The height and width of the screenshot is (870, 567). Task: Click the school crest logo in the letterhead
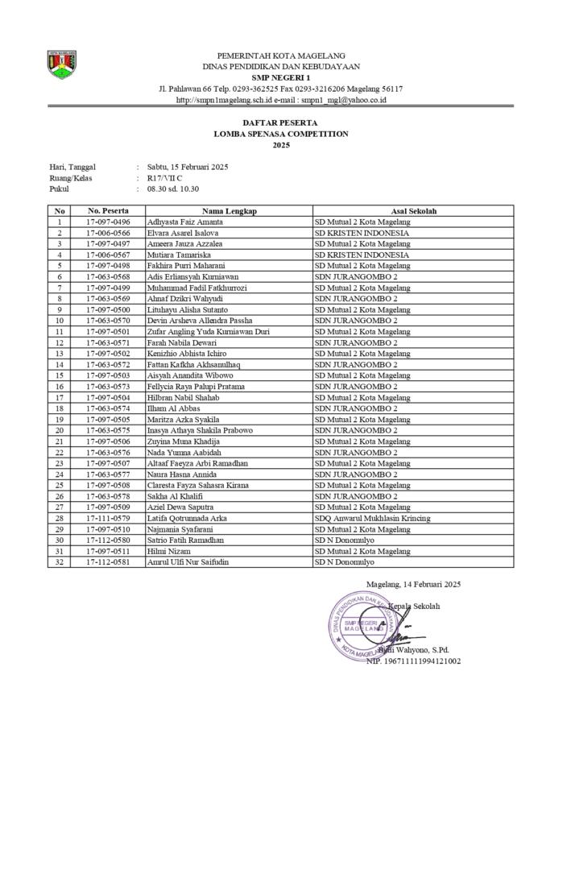(61, 64)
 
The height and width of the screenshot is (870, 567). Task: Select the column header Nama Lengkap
(229, 211)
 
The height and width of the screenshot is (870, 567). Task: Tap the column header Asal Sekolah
(413, 211)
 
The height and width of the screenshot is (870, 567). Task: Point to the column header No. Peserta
(108, 211)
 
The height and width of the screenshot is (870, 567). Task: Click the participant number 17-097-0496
(108, 222)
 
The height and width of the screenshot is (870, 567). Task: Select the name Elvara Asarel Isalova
(183, 233)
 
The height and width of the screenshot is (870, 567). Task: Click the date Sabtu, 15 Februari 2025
(188, 167)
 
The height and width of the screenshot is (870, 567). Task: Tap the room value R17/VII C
(164, 178)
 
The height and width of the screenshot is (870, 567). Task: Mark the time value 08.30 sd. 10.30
(172, 189)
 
